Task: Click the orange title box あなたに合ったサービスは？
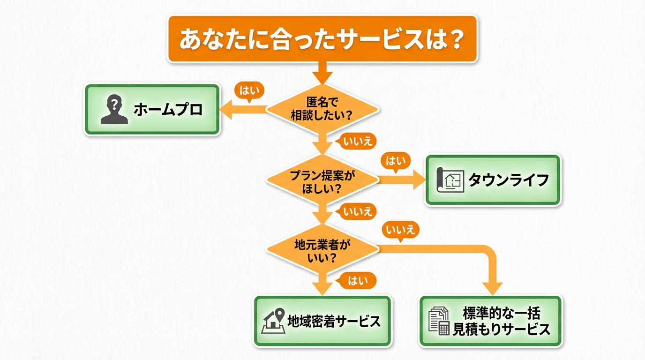[322, 39]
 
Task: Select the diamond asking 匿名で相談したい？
[322, 110]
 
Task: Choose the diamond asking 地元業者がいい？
[322, 250]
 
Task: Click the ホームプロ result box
[152, 110]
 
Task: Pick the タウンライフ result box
[493, 180]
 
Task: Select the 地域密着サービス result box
[322, 321]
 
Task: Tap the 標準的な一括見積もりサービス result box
[490, 321]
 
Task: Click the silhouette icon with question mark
[114, 110]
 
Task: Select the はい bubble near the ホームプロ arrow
[247, 90]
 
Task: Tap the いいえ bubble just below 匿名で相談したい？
[357, 141]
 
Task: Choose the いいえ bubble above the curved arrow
[400, 230]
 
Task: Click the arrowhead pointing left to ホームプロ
[226, 110]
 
